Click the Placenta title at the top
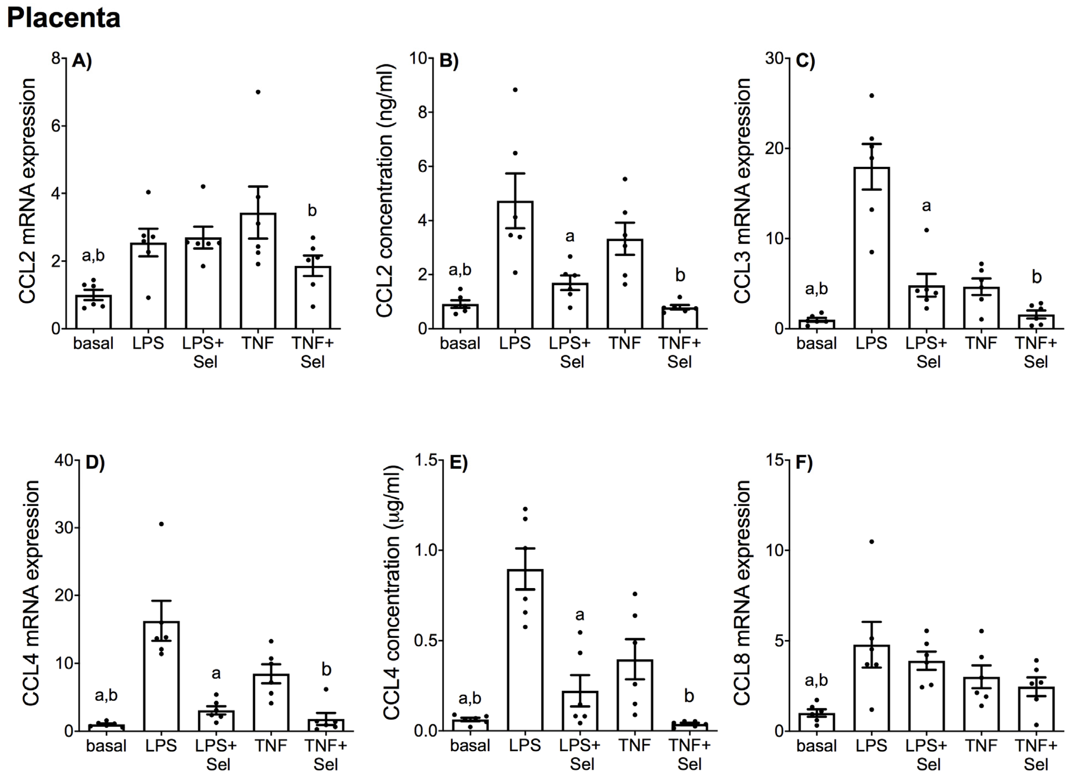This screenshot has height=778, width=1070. click(x=64, y=18)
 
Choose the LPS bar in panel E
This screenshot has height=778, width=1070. click(x=525, y=650)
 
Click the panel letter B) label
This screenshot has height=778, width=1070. click(x=449, y=61)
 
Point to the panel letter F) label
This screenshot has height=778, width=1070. click(x=804, y=463)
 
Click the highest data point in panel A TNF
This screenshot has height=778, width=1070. click(x=258, y=92)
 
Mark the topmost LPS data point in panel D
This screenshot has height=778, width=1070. click(x=161, y=524)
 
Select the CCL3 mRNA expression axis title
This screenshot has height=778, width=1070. click(x=742, y=191)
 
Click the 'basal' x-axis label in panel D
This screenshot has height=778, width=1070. click(x=106, y=746)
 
